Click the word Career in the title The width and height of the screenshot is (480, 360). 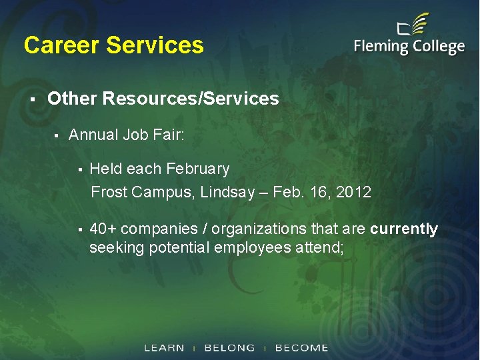(61, 45)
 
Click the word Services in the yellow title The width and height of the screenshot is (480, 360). (155, 45)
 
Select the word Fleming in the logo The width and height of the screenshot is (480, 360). (381, 47)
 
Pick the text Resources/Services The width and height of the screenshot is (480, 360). (190, 99)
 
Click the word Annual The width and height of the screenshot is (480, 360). (93, 135)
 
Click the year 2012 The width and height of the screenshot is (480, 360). (353, 193)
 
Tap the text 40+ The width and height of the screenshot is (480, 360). (104, 229)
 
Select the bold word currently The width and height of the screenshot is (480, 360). (404, 229)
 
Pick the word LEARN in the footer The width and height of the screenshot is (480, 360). (164, 348)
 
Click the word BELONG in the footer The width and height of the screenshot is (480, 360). (229, 348)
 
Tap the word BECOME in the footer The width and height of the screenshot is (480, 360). (301, 348)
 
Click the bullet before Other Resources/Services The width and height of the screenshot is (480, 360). (31, 99)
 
